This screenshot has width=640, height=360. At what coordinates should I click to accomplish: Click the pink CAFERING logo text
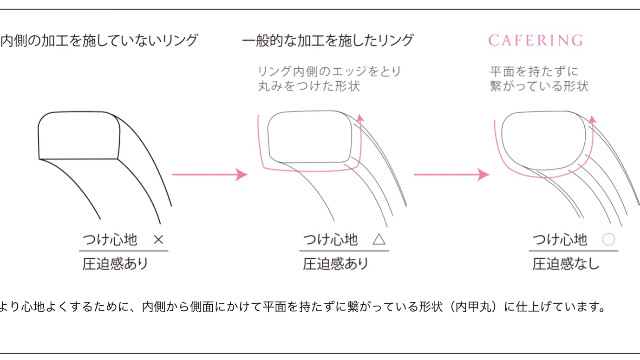pos(536,41)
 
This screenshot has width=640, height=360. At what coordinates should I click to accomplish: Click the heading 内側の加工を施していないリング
pos(99,41)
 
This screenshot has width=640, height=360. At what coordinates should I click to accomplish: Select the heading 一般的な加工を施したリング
pos(327,41)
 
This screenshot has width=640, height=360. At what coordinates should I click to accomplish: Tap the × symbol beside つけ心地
pos(158,240)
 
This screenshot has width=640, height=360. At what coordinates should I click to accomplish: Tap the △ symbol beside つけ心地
pos(379,240)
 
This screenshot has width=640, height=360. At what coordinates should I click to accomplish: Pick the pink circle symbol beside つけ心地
pos(608,240)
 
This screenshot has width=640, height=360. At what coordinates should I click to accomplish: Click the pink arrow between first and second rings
pos(210,175)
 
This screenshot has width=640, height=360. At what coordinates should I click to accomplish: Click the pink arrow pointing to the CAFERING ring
pos(451,175)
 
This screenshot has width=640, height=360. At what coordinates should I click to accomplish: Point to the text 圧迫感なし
pos(566,264)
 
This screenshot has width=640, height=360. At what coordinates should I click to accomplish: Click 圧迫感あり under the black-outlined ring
pos(115,264)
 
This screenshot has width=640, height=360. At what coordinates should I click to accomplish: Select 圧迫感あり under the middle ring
pos(336,264)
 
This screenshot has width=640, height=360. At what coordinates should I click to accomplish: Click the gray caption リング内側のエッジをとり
pos(329,72)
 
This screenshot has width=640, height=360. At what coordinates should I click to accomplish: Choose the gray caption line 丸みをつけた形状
pos(309,86)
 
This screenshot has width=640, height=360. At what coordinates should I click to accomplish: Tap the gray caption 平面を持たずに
pos(534,72)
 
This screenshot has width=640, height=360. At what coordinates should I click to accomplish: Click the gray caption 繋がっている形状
pos(539,86)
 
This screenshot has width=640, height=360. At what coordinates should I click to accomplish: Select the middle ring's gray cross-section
pos(309,137)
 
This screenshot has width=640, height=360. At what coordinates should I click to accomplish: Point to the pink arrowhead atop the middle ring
pos(360,118)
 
